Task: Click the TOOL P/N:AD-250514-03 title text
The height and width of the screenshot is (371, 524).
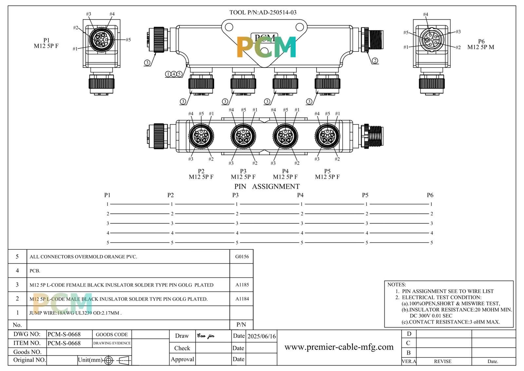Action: [263, 12]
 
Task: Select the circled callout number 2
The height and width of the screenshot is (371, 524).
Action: [375, 61]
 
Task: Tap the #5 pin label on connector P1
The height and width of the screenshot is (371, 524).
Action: [128, 40]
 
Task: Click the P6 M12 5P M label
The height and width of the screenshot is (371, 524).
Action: [481, 44]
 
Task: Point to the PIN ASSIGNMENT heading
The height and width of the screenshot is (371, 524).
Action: [267, 186]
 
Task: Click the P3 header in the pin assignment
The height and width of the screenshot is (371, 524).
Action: [235, 195]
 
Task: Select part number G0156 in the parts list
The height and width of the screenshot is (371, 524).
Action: [242, 257]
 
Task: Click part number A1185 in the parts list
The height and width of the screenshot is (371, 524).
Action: [242, 284]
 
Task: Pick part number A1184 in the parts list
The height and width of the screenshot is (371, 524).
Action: [242, 299]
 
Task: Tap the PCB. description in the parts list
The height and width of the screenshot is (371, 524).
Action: [35, 271]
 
